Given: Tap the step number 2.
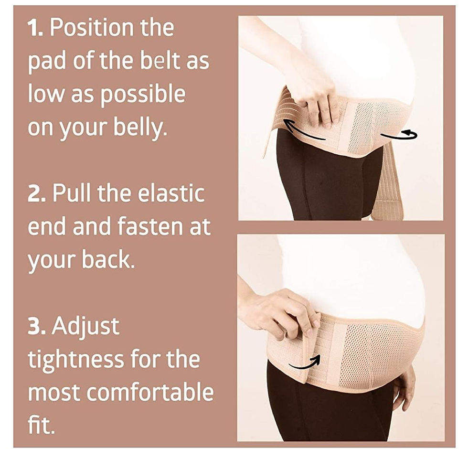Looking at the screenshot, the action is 37,194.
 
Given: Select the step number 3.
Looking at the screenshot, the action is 37,326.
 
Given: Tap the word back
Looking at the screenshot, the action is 108,259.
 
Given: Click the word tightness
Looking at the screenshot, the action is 75,359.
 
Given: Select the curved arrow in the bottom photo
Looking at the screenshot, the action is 305,362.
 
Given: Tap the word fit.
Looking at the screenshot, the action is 41,424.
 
